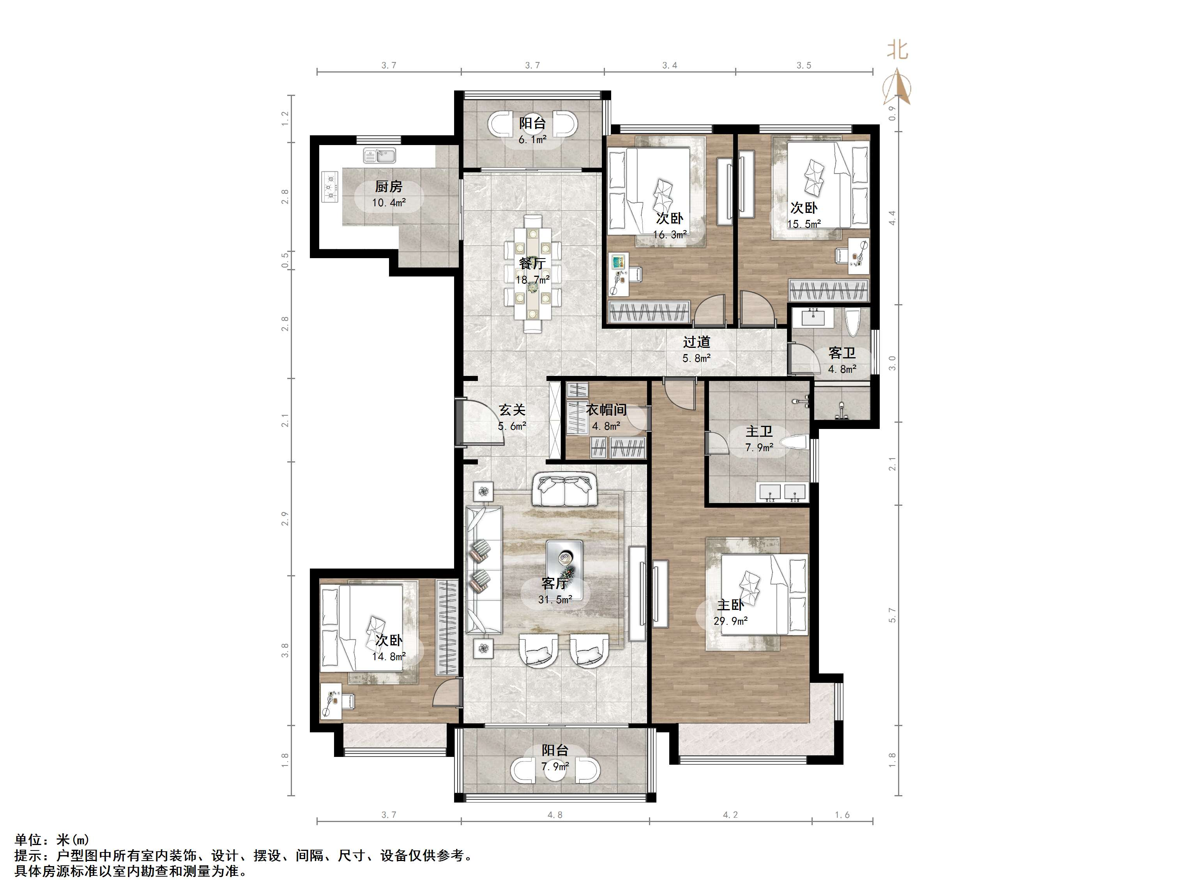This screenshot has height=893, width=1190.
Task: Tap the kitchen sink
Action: pos(380,155)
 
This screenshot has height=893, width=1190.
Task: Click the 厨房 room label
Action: pos(389,187)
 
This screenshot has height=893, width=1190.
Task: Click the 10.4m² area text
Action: pos(389,203)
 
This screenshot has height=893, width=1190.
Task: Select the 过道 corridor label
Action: pos(697,342)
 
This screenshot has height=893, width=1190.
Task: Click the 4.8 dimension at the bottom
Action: pos(555,815)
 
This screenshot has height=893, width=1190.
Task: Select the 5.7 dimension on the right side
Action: pos(893,615)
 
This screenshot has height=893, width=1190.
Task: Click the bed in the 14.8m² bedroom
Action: pos(361,628)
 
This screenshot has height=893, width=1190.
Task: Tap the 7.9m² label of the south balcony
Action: pos(555,766)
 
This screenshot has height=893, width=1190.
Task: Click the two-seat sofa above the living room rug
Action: pos(565,490)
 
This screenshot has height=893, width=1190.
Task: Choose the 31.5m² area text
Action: pos(555,599)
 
